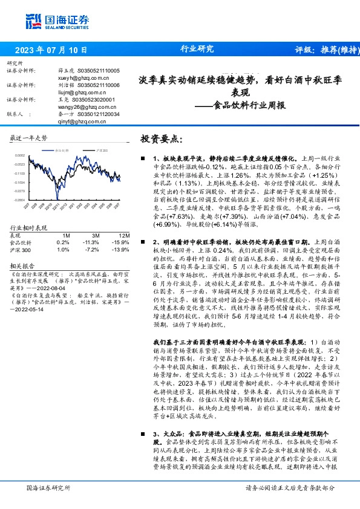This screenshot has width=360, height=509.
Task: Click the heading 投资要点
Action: coord(160,139)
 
